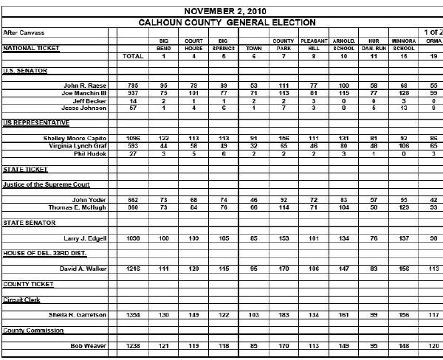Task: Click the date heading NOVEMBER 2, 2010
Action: coord(225,11)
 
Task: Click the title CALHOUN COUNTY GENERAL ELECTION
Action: coord(227,23)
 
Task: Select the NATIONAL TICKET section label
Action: coord(31,48)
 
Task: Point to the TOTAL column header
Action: coord(133,56)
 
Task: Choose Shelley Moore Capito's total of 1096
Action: coord(133,138)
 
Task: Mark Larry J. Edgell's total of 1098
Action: coord(133,238)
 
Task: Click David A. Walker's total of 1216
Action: coord(133,269)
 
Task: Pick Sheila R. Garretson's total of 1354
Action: coord(133,315)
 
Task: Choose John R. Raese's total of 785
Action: coord(133,86)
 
